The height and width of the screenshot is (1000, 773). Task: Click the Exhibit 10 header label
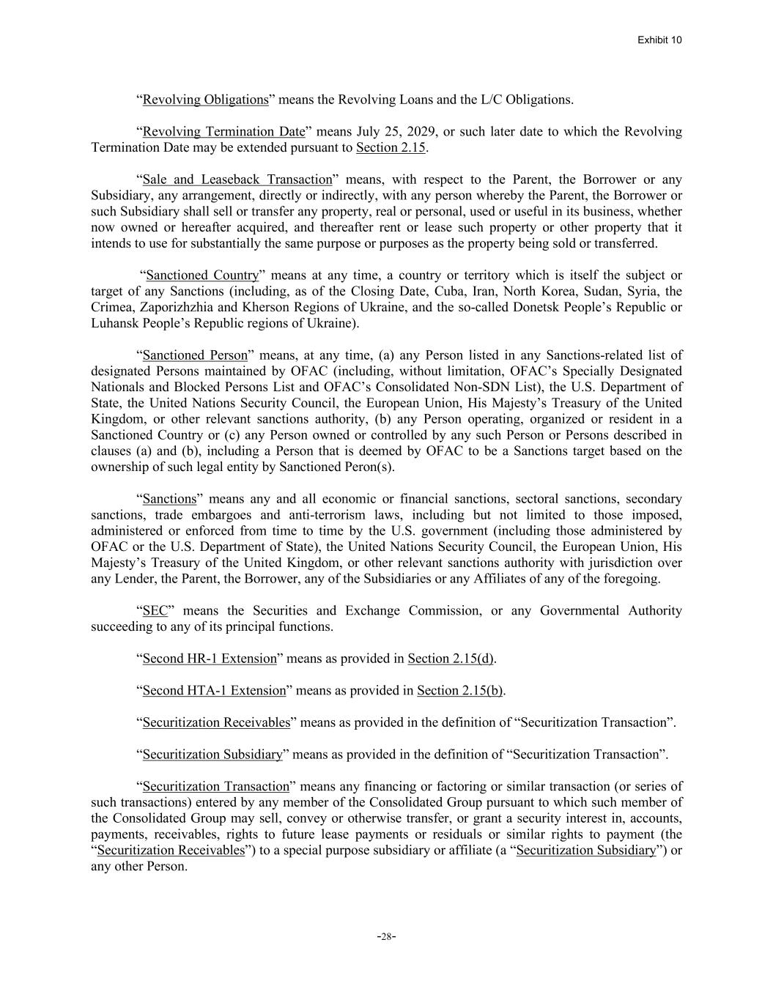pos(659,40)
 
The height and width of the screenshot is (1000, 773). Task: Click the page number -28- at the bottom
pos(386,936)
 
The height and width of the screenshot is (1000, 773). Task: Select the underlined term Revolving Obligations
pos(205,100)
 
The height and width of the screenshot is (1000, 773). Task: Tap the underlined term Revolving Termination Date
pos(223,132)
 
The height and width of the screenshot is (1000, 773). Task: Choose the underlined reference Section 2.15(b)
pos(460,690)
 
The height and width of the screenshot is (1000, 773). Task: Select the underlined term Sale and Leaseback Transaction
pos(237,179)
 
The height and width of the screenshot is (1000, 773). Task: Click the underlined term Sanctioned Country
pos(203,275)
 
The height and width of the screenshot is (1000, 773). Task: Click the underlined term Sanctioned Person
pos(195,355)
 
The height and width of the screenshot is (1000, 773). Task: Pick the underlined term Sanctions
pos(169,499)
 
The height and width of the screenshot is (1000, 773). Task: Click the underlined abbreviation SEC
pos(155,610)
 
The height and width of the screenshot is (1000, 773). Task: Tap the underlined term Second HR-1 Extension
pos(210,659)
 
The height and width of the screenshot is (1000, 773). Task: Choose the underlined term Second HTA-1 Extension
pos(214,690)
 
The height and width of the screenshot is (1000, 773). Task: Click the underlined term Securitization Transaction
pos(216,786)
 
